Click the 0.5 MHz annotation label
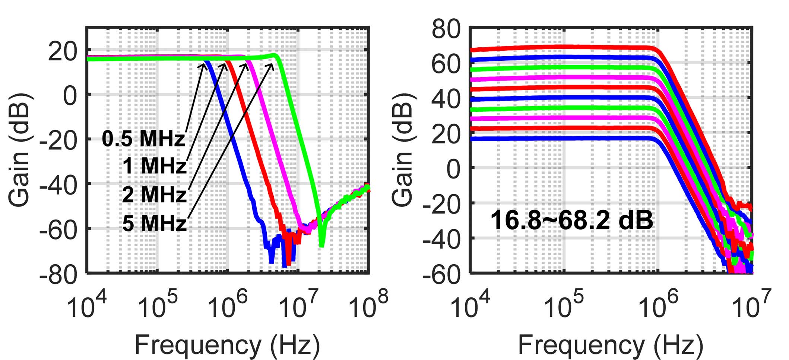click(x=143, y=139)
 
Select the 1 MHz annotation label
click(x=154, y=166)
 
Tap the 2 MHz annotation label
click(x=154, y=195)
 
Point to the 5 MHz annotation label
click(x=154, y=224)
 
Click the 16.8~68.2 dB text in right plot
click(x=572, y=220)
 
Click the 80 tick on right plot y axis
click(x=446, y=29)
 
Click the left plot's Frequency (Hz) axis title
click(x=227, y=345)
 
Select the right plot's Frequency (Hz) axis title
click(x=611, y=345)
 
